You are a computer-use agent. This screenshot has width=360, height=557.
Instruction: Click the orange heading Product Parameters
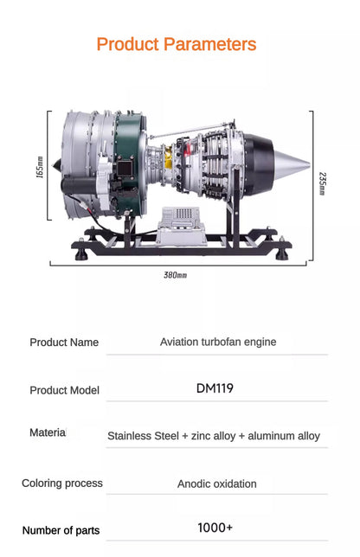pyautogui.click(x=177, y=44)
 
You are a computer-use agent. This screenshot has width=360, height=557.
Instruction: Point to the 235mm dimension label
pyautogui.click(x=323, y=183)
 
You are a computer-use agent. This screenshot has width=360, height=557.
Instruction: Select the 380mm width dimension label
pyautogui.click(x=175, y=275)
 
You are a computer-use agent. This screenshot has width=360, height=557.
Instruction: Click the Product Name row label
pyautogui.click(x=64, y=343)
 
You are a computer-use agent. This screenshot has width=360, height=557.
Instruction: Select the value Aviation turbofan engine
pyautogui.click(x=218, y=342)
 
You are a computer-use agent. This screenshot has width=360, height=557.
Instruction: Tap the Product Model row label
pyautogui.click(x=64, y=390)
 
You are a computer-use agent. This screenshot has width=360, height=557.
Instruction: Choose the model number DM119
pyautogui.click(x=215, y=388)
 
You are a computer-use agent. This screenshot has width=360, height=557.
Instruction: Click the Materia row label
pyautogui.click(x=48, y=432)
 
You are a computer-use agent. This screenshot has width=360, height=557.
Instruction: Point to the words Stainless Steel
pyautogui.click(x=143, y=437)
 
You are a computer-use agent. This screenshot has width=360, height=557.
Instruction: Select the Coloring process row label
pyautogui.click(x=62, y=483)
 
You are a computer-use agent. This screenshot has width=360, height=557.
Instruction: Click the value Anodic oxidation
pyautogui.click(x=217, y=484)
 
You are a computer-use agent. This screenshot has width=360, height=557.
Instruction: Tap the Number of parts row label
pyautogui.click(x=61, y=530)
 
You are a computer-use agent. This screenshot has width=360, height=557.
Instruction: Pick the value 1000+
pyautogui.click(x=215, y=528)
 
